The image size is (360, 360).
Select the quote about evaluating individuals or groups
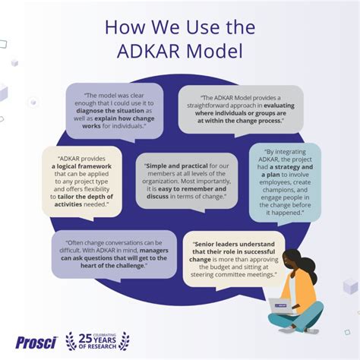(242, 109)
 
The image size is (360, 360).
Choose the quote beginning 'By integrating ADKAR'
(286, 182)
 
